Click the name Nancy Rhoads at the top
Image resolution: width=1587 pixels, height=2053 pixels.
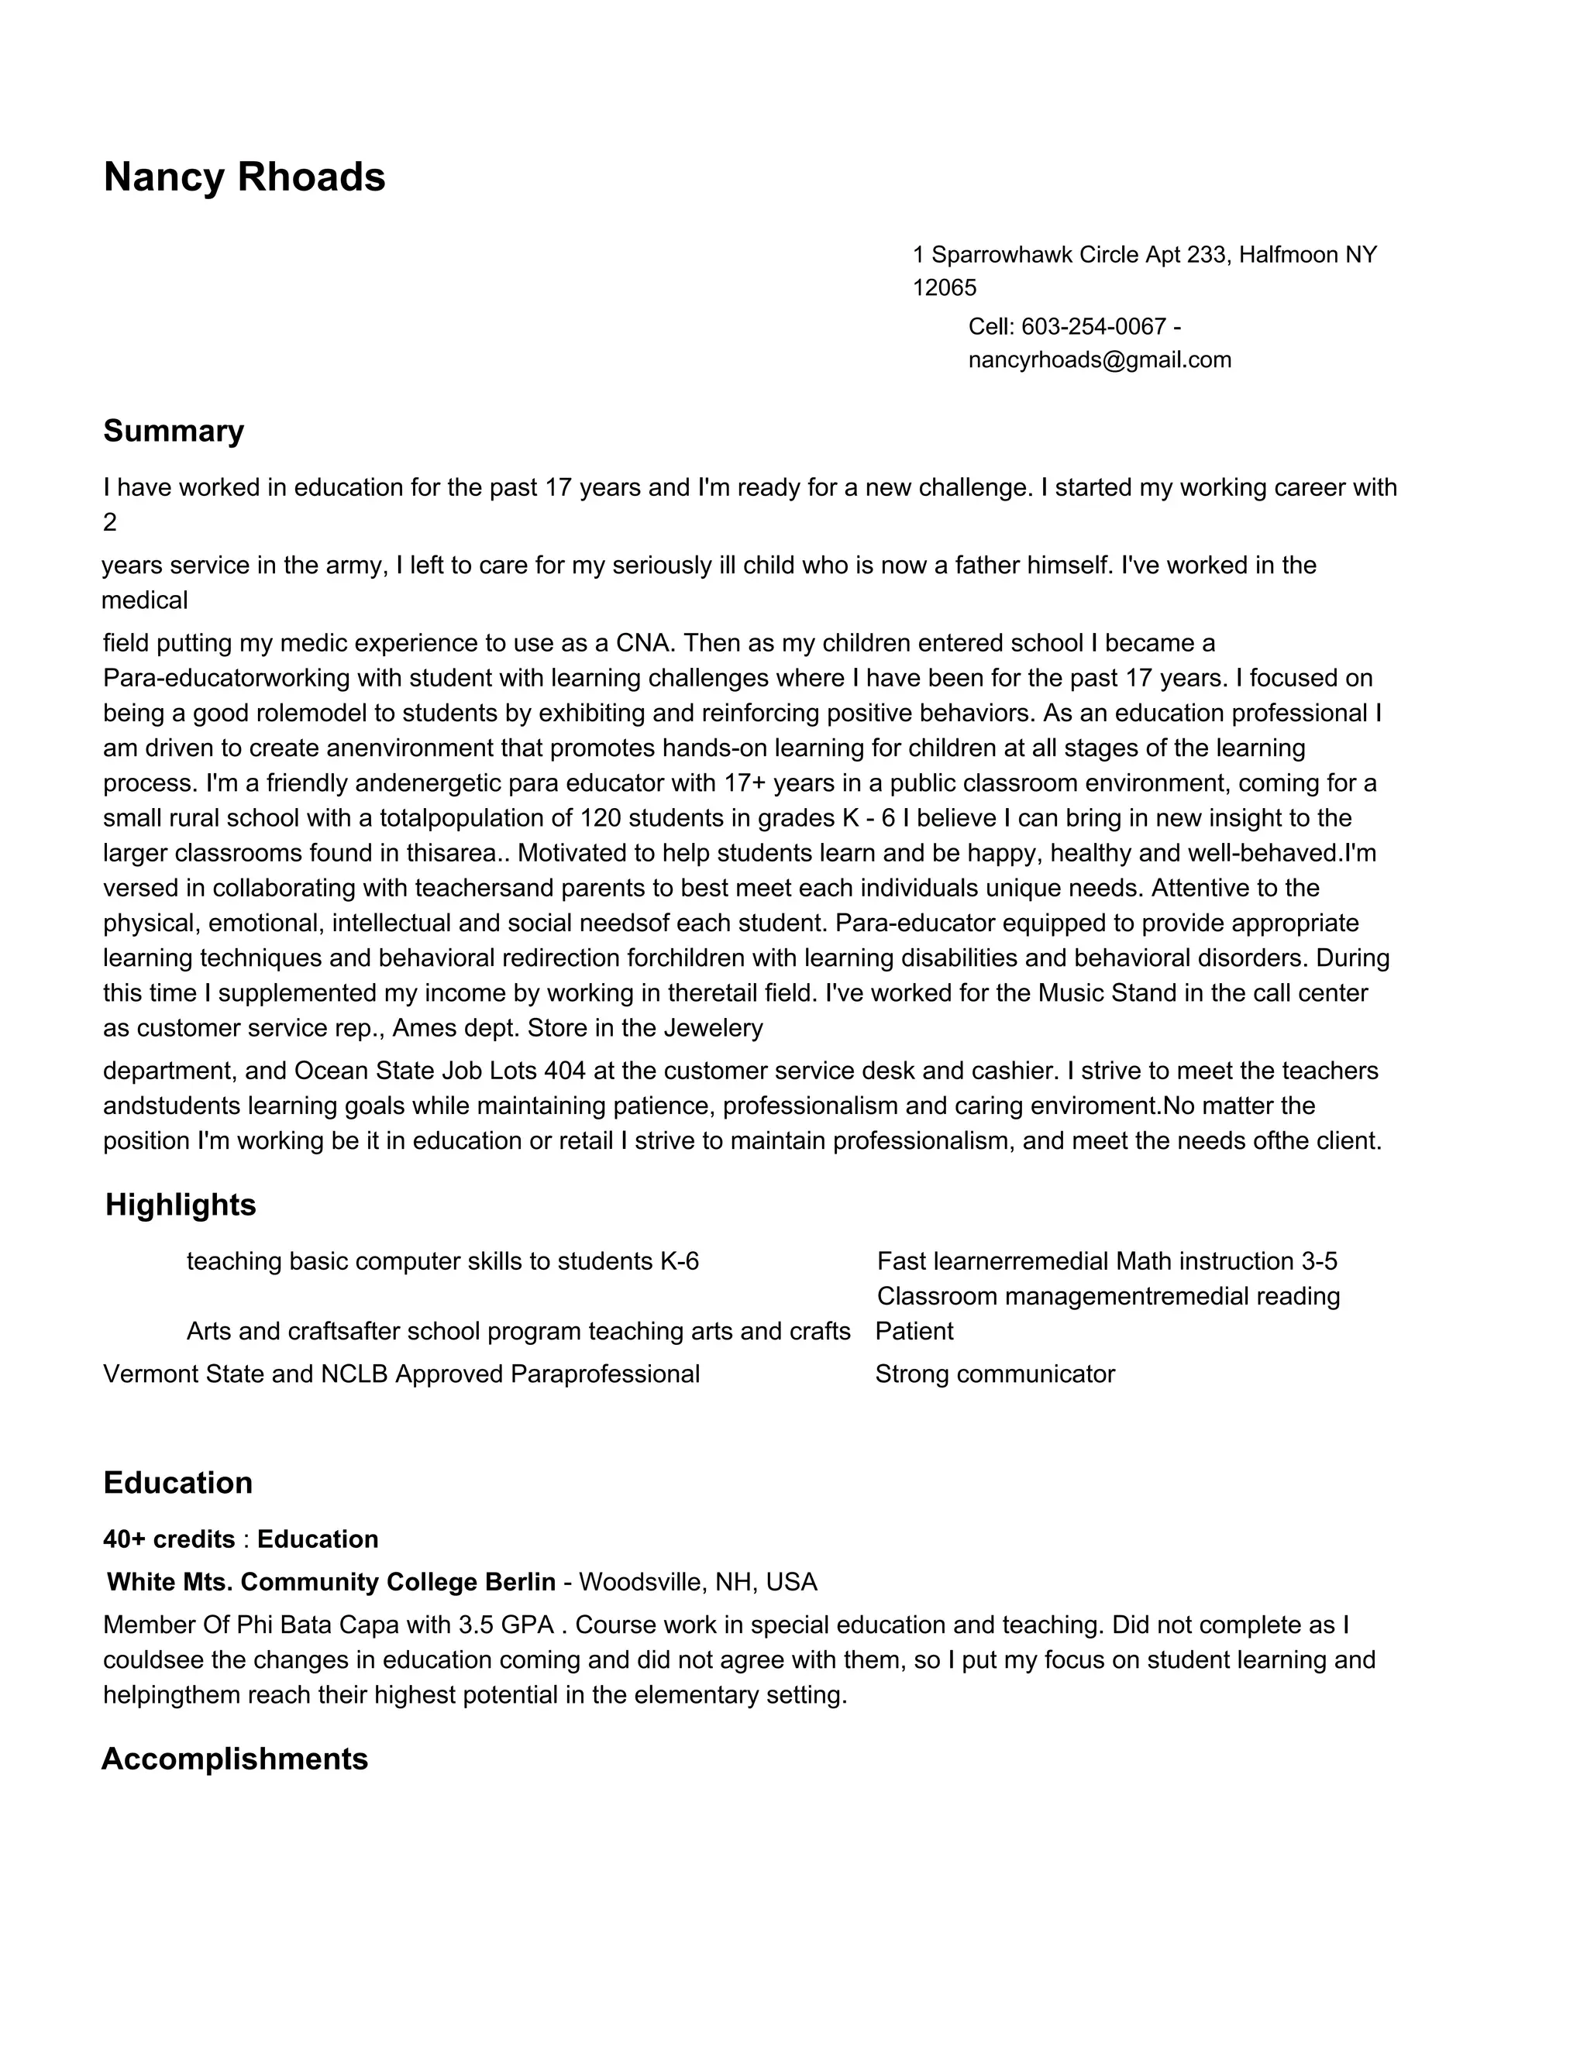243,177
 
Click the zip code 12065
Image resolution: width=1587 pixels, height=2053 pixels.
944,287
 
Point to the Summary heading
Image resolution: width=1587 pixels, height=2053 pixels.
173,431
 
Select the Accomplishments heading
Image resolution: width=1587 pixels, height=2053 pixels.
234,1759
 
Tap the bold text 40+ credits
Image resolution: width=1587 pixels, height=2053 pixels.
169,1539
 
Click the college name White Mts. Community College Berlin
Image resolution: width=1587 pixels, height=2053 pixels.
331,1582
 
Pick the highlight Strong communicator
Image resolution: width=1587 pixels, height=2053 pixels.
995,1374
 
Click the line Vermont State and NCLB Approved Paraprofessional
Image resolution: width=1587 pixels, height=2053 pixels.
401,1374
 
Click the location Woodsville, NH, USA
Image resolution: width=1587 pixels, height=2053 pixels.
697,1582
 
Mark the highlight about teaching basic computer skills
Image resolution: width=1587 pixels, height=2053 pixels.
442,1261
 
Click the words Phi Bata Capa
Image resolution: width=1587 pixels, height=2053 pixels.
331,1625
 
